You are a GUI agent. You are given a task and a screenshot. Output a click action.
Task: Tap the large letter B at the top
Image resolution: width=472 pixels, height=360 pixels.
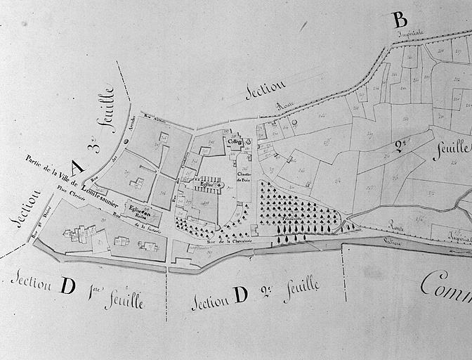tap(399, 19)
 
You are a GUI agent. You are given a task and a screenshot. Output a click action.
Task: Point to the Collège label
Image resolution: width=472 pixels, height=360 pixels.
tap(235, 141)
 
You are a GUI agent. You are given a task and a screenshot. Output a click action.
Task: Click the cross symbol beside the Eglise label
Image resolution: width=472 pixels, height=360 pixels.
tap(220, 165)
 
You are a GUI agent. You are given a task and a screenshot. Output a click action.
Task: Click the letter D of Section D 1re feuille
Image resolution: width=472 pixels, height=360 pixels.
tap(68, 286)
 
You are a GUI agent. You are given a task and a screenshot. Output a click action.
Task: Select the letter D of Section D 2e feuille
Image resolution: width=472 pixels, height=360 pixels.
tap(240, 295)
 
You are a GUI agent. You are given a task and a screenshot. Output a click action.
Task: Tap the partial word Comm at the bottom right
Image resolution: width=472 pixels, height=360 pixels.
tap(445, 285)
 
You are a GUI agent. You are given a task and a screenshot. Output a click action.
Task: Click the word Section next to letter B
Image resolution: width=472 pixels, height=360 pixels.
tap(265, 91)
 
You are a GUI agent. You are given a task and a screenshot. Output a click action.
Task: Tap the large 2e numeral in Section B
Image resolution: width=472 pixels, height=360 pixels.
tap(402, 146)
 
